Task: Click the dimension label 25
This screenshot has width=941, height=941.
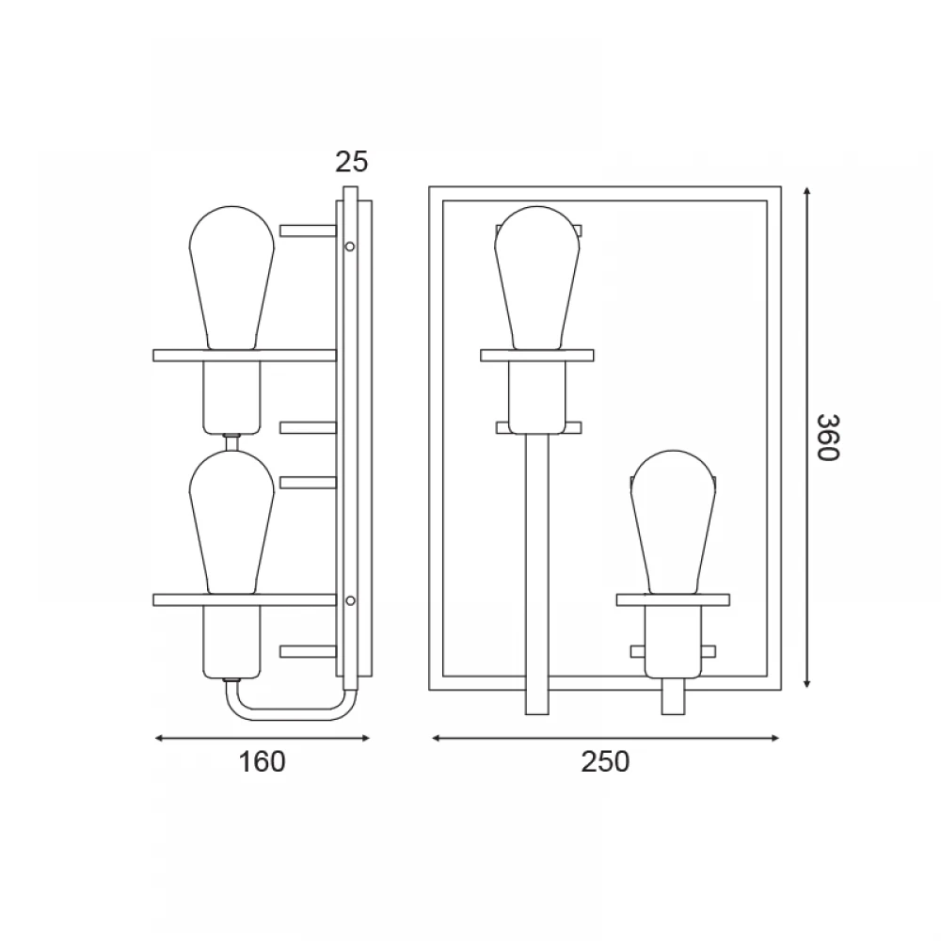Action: click(351, 162)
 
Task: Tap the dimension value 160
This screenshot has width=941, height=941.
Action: click(262, 762)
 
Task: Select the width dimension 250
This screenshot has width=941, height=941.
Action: click(605, 762)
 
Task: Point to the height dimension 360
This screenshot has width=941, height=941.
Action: click(827, 438)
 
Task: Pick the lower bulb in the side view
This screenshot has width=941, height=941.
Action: click(231, 522)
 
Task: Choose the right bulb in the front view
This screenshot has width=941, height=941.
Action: click(674, 522)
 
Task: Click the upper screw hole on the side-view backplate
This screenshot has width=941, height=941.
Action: click(350, 246)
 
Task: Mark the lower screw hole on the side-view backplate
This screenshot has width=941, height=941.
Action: click(350, 600)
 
